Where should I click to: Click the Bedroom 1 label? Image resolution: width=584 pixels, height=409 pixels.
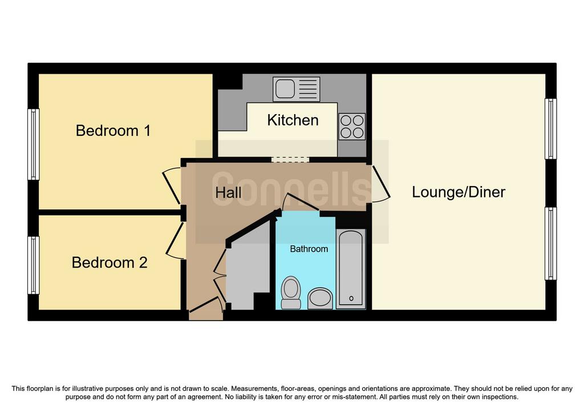click(113, 131)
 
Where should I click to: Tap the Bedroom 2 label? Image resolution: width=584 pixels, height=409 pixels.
click(109, 262)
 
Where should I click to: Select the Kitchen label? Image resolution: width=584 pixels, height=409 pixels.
click(293, 120)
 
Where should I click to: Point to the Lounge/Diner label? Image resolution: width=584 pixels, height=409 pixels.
click(459, 192)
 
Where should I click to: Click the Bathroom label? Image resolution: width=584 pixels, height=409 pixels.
click(309, 249)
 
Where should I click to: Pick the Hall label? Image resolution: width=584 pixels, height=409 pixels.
click(228, 193)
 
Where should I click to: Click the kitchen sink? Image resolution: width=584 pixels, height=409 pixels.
click(297, 90)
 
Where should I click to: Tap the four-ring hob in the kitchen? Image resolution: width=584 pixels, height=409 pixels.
click(352, 127)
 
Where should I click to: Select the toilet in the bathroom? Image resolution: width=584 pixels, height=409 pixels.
click(291, 293)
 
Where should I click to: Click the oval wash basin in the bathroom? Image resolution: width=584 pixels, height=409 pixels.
click(321, 298)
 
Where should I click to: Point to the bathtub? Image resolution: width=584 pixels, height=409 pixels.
click(351, 269)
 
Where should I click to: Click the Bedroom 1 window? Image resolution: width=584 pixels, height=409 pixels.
click(34, 144)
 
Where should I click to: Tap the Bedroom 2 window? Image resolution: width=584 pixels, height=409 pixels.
click(34, 265)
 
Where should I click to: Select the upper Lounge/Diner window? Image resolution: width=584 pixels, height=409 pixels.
click(550, 129)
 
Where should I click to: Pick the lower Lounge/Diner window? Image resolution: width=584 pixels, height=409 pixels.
click(550, 244)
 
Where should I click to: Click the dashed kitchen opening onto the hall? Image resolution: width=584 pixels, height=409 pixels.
click(290, 160)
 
